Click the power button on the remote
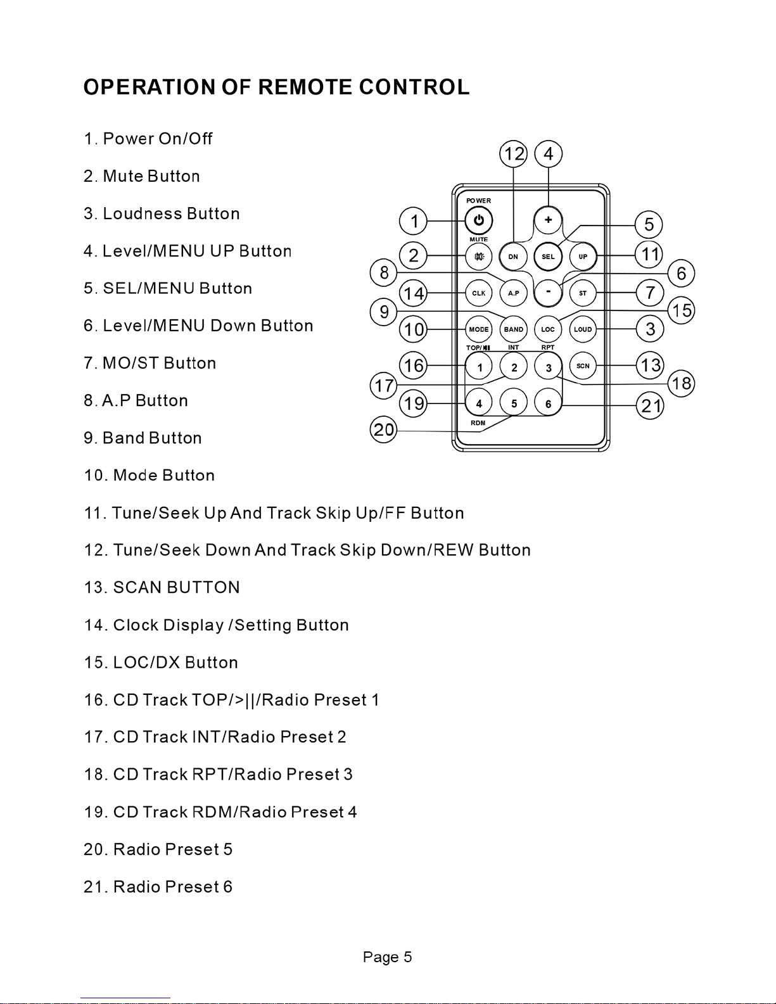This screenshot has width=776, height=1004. (479, 220)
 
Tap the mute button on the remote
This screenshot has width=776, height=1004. (479, 257)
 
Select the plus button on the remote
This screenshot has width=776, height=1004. (548, 220)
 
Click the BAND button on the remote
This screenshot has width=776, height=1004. (514, 329)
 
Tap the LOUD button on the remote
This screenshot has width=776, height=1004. (583, 329)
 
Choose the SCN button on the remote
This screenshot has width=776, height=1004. (583, 365)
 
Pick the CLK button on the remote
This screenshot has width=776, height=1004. (479, 293)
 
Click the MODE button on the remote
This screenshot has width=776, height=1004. (479, 329)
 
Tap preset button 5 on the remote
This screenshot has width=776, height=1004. (514, 403)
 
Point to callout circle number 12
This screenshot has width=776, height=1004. (514, 154)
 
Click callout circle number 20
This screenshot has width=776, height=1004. (384, 430)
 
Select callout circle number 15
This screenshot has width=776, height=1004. (682, 310)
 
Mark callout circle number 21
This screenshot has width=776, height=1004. (651, 405)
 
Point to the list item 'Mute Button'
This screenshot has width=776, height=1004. (151, 176)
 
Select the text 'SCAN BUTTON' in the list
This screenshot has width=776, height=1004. (176, 588)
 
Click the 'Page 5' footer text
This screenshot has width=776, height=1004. (387, 956)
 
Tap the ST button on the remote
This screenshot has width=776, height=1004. (583, 293)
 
